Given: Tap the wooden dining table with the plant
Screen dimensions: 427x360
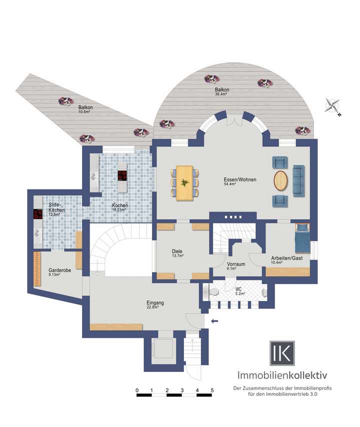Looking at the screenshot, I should click(185, 182).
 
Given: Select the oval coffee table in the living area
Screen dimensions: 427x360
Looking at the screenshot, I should click(281, 181).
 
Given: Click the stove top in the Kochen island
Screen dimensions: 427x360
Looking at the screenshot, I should click(122, 175).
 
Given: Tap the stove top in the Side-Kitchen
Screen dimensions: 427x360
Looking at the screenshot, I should click(37, 214).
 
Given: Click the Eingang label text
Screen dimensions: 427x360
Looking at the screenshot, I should click(155, 302).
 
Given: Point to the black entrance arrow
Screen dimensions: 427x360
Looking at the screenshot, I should click(215, 321).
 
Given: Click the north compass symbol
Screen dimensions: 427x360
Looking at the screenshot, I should click(332, 106).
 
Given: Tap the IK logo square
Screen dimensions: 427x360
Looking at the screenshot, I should click(282, 353).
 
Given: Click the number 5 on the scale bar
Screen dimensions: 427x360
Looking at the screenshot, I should click(212, 390).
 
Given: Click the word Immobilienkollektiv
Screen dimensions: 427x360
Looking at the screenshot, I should click(282, 375).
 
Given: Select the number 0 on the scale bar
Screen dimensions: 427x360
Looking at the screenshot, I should click(136, 390).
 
